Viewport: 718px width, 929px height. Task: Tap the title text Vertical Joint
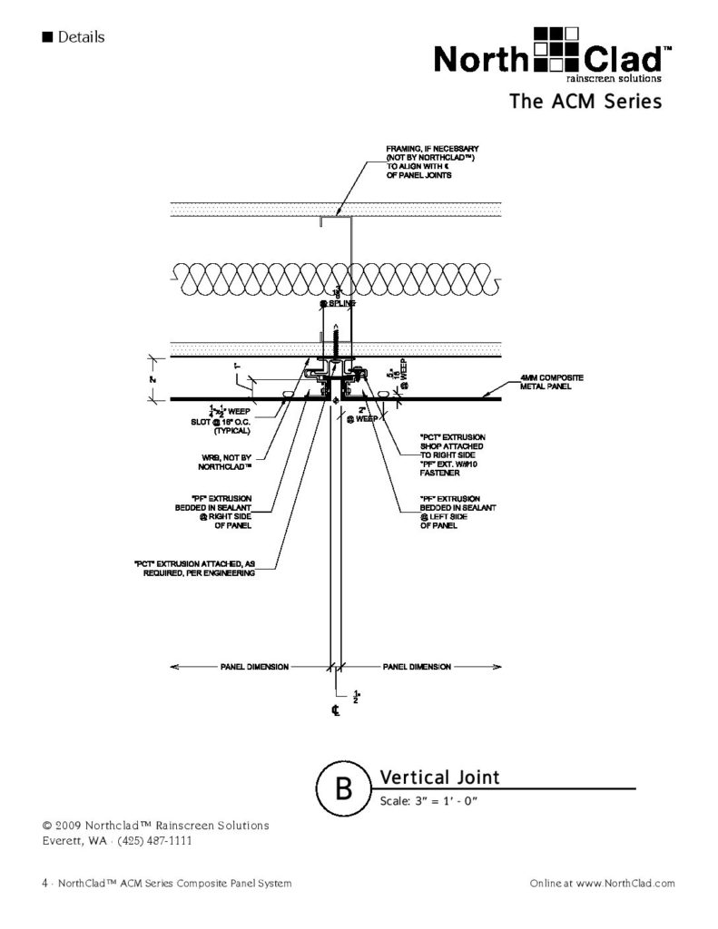click(439, 777)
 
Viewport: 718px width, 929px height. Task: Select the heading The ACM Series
click(585, 102)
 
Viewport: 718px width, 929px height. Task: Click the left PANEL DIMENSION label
click(254, 667)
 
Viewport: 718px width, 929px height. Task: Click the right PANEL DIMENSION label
click(417, 667)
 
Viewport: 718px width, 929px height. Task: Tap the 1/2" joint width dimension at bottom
click(353, 694)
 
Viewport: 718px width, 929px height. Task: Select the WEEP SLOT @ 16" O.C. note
click(218, 424)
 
